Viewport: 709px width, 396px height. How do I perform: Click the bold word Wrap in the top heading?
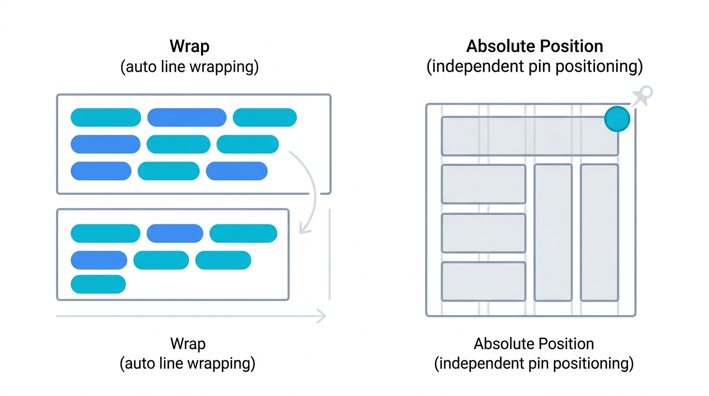(189, 47)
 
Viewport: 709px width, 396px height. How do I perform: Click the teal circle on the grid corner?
(617, 119)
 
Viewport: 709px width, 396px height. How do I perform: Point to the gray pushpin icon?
(642, 96)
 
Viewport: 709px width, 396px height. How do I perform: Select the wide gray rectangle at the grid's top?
(530, 136)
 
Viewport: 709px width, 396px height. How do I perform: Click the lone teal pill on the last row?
(98, 284)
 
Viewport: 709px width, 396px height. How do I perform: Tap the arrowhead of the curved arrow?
(304, 229)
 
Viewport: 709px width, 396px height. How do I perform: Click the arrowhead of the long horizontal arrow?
(322, 316)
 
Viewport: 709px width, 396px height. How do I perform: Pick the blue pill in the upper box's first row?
(187, 118)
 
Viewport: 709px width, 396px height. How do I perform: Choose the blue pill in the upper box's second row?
(106, 144)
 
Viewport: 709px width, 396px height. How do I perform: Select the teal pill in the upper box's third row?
(168, 171)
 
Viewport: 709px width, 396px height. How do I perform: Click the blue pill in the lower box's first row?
(175, 234)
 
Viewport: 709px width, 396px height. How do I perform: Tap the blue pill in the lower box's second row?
(99, 260)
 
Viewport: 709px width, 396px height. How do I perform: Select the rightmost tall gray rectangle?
(599, 233)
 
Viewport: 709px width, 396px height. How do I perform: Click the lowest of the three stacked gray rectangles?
(483, 282)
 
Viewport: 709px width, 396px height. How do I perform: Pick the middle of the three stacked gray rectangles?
(483, 233)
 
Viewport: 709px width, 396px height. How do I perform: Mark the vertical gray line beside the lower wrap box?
(330, 254)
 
